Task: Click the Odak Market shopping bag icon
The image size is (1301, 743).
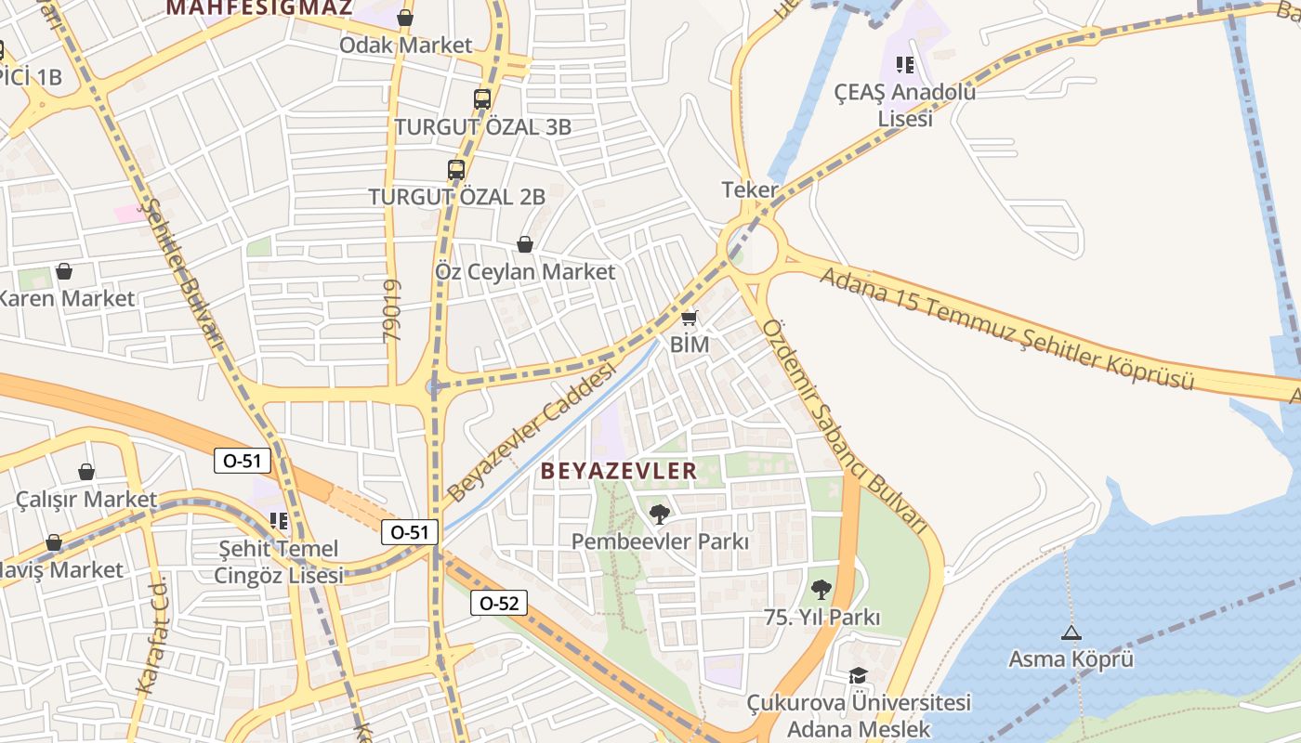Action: click(405, 18)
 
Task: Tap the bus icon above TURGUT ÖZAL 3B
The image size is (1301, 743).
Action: click(481, 99)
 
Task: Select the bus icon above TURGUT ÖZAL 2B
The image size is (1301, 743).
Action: click(455, 170)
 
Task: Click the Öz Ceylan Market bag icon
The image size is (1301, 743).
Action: click(525, 244)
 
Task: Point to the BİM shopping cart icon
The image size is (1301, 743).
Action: click(689, 318)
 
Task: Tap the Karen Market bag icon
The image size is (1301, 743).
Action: click(64, 271)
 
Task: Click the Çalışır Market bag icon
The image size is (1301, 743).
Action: click(86, 472)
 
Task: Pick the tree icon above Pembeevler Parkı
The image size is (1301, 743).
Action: click(659, 514)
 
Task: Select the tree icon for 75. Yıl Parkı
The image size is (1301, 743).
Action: click(821, 589)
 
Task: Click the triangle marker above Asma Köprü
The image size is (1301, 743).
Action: click(1071, 633)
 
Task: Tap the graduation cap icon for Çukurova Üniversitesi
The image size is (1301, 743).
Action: click(858, 676)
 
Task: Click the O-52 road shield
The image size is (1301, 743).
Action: click(498, 603)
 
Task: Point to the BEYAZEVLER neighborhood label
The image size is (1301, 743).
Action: click(619, 471)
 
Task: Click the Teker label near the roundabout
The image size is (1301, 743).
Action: click(749, 190)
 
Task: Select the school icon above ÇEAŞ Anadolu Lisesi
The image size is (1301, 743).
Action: click(904, 65)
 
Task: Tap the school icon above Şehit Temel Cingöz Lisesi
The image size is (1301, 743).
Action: click(278, 521)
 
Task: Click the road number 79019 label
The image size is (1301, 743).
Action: click(391, 311)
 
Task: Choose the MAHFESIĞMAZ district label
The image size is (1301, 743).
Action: click(259, 8)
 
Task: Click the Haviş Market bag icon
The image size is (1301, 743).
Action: click(54, 542)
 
